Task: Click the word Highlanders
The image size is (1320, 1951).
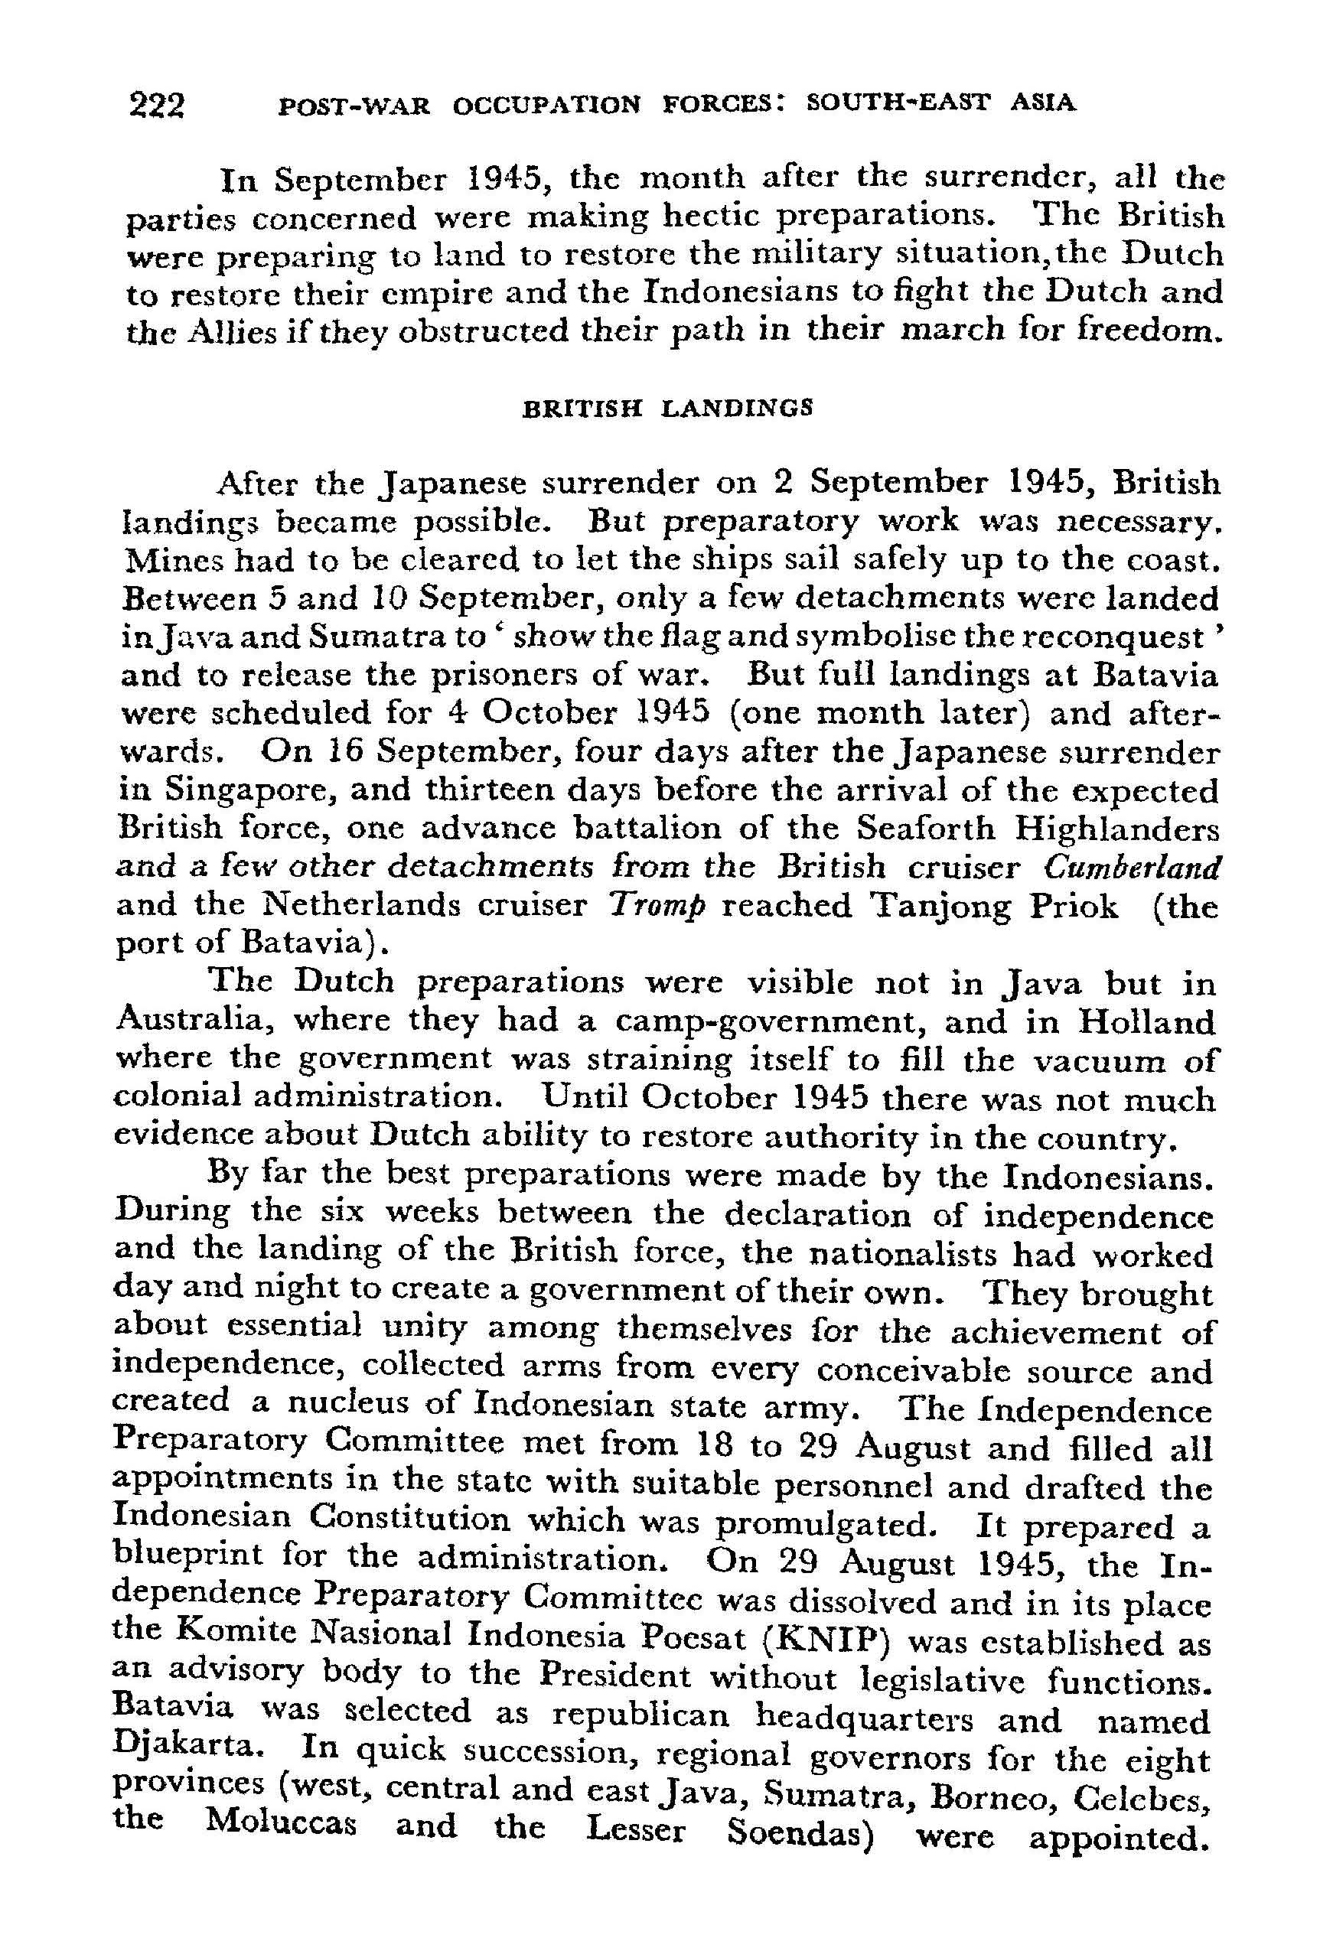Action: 1116,829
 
